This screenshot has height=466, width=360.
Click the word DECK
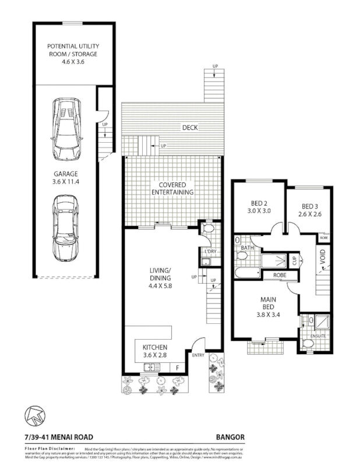(189, 128)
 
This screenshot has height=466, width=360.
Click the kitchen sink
(151, 367)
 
